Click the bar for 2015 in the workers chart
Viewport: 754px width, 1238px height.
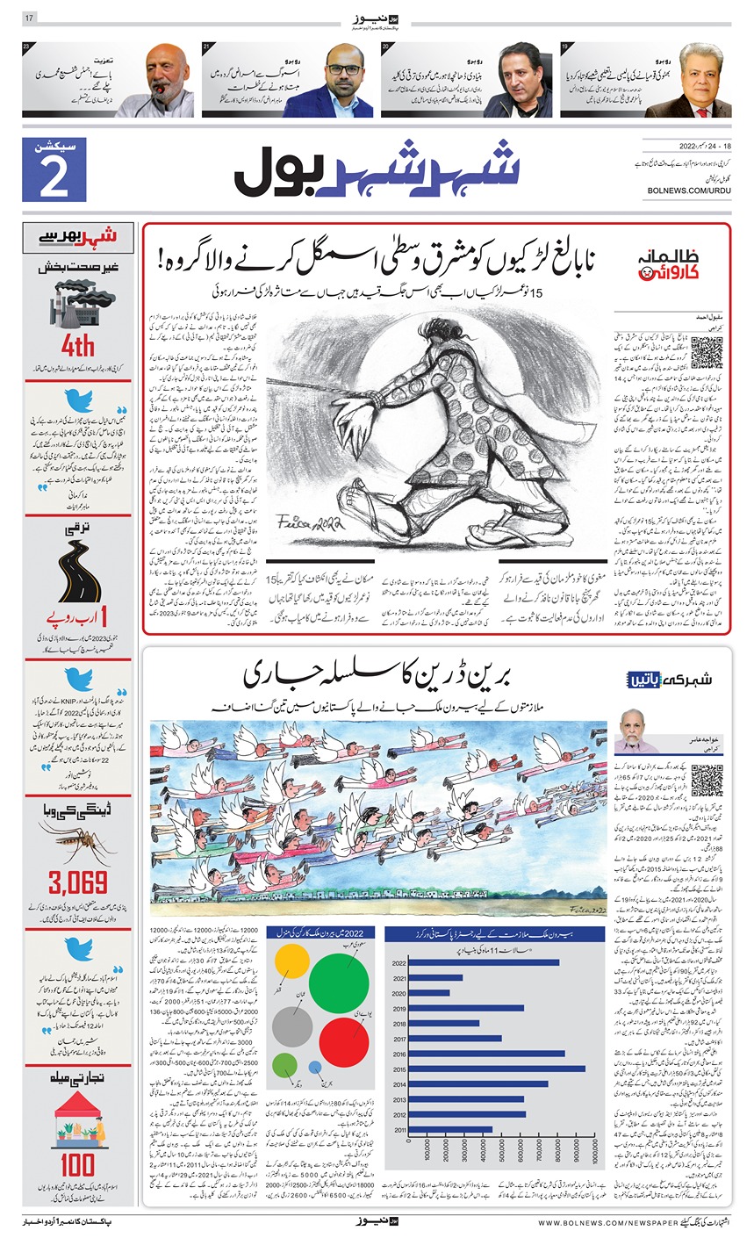click(x=497, y=1069)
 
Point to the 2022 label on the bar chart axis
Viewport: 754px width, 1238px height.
click(x=399, y=962)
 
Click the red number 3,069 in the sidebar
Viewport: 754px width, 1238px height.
click(x=78, y=882)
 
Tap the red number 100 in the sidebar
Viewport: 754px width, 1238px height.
click(x=78, y=1164)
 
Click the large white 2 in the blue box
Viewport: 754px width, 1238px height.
click(x=54, y=179)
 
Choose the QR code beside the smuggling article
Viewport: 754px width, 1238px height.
click(x=707, y=352)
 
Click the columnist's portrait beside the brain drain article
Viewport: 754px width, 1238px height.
click(x=633, y=731)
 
